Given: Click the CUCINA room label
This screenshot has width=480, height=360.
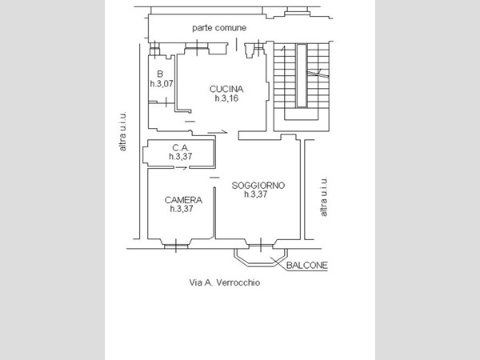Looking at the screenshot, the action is pyautogui.click(x=226, y=89).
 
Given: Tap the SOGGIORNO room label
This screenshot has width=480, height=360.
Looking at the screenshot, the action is pyautogui.click(x=258, y=186).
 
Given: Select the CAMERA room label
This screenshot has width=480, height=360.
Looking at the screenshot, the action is pyautogui.click(x=183, y=200).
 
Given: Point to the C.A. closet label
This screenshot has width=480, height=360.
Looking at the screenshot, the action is pyautogui.click(x=181, y=148).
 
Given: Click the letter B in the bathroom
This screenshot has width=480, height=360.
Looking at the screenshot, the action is pyautogui.click(x=160, y=74).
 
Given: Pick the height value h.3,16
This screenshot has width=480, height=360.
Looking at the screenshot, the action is pyautogui.click(x=226, y=98).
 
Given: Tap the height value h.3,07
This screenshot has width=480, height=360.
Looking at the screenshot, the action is pyautogui.click(x=162, y=83).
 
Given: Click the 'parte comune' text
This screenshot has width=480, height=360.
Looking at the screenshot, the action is pyautogui.click(x=219, y=28).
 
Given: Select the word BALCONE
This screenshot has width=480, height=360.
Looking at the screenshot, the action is pyautogui.click(x=307, y=266).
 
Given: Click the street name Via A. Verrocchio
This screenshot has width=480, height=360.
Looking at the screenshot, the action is pyautogui.click(x=225, y=282).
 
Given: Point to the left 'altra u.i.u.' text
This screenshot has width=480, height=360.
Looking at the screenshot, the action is pyautogui.click(x=122, y=131).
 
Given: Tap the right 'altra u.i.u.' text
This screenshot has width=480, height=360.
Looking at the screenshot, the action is pyautogui.click(x=323, y=197).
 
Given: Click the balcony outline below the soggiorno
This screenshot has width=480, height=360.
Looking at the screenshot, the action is pyautogui.click(x=261, y=266).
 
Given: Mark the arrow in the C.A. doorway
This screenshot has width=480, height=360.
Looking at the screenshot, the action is pyautogui.click(x=182, y=168).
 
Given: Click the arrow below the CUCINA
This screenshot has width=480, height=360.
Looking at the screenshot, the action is pyautogui.click(x=218, y=132).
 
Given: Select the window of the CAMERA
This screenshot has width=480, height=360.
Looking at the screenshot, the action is pyautogui.click(x=176, y=246).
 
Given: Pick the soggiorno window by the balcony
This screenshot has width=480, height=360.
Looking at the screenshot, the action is pyautogui.click(x=261, y=245).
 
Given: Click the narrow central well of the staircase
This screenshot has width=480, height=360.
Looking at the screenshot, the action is pyautogui.click(x=302, y=76).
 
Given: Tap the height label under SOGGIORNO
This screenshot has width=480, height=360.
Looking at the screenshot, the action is pyautogui.click(x=256, y=194).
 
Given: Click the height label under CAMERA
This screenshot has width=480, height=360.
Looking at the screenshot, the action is pyautogui.click(x=182, y=209).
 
